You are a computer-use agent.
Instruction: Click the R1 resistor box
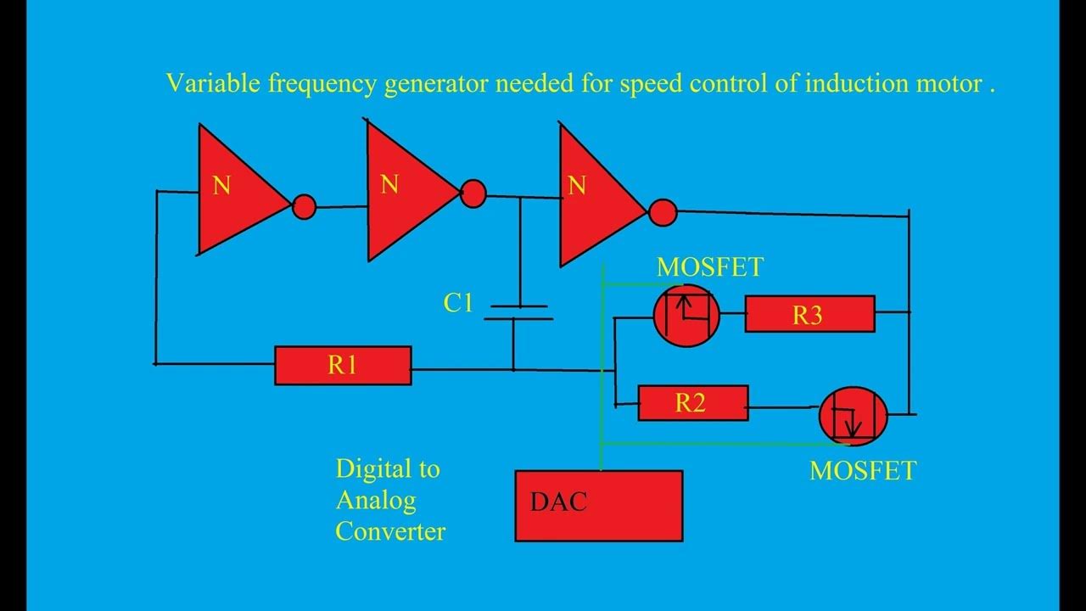click(343, 366)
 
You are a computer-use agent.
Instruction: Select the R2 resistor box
click(692, 403)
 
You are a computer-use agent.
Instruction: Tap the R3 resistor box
click(809, 315)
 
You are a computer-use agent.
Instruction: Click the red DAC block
click(599, 506)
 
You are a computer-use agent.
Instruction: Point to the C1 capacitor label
click(458, 303)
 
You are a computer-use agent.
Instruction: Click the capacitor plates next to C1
click(517, 312)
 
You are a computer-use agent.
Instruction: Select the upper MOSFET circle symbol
click(686, 316)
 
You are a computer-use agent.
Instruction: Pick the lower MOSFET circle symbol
click(853, 416)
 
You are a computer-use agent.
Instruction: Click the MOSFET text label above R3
click(709, 267)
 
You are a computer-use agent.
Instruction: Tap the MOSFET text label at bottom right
click(862, 471)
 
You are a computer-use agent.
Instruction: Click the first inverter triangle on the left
click(238, 192)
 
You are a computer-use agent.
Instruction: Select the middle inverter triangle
click(406, 190)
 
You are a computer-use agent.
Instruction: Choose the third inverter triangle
click(596, 194)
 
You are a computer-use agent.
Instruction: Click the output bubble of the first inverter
click(304, 206)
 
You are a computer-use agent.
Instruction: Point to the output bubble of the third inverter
click(663, 212)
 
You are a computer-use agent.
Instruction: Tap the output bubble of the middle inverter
click(473, 194)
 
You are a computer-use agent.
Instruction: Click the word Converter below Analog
click(390, 531)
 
